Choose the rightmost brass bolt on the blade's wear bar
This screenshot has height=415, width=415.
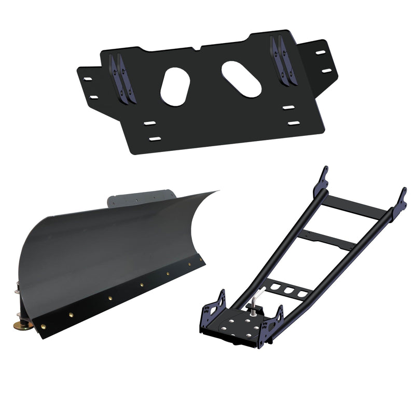pyautogui.click(x=189, y=264)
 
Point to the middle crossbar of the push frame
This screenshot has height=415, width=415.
pyautogui.click(x=324, y=239)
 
